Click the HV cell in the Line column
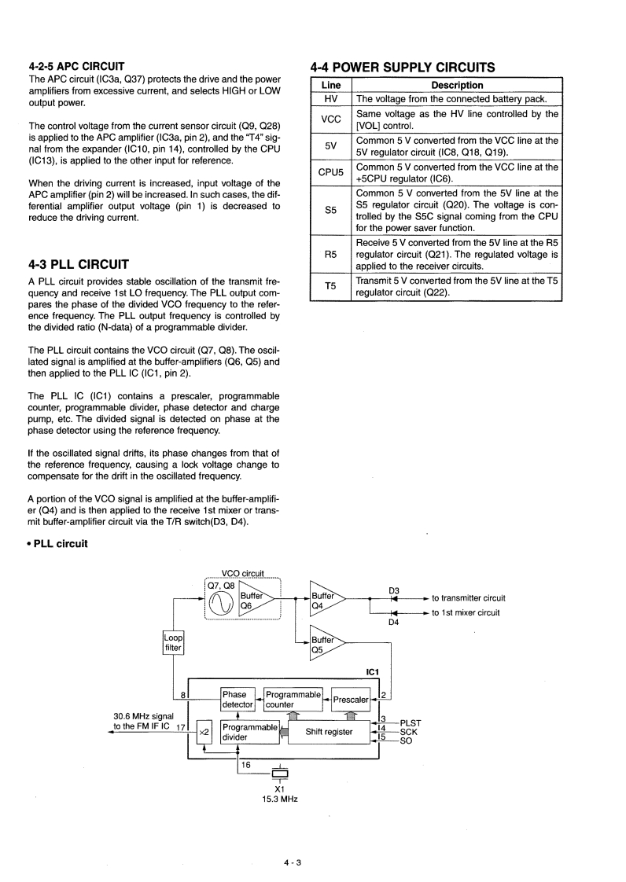tap(330, 99)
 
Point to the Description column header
tap(457, 85)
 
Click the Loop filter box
tap(173, 642)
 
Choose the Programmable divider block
tap(249, 733)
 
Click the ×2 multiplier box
tap(204, 733)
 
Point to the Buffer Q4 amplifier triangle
tap(325, 601)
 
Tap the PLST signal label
tap(411, 722)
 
